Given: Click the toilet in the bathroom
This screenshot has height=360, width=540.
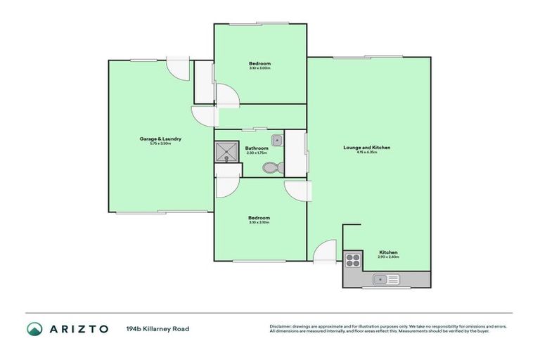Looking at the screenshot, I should pyautogui.click(x=271, y=167).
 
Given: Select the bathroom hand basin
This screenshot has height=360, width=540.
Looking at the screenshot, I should pyautogui.click(x=277, y=139).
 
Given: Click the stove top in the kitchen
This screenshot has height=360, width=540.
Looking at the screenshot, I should pyautogui.click(x=352, y=260).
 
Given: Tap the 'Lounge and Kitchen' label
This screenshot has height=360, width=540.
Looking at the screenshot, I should pyautogui.click(x=366, y=148).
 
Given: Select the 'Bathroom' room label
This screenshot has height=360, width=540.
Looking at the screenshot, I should pyautogui.click(x=257, y=148).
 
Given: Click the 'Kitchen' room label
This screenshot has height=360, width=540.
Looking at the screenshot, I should pyautogui.click(x=388, y=252).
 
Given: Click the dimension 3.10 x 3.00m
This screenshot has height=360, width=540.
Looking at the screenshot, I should pyautogui.click(x=259, y=68).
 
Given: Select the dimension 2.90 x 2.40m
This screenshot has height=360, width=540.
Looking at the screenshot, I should pyautogui.click(x=388, y=257).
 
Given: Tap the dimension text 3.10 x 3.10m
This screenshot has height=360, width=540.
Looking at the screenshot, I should pyautogui.click(x=259, y=223).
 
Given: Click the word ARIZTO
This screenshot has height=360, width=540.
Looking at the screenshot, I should pyautogui.click(x=79, y=328).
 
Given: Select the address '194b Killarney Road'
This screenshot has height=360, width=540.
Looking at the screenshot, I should pyautogui.click(x=157, y=328).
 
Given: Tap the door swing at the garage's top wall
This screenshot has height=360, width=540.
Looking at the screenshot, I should pyautogui.click(x=178, y=69).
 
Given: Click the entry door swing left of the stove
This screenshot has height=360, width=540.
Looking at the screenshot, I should pyautogui.click(x=326, y=252).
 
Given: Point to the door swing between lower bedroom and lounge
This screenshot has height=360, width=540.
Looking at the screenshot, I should pyautogui.click(x=297, y=191).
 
